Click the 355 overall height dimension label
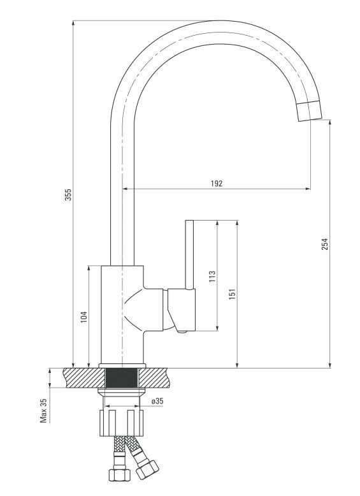(68, 194)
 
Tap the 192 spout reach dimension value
(217, 184)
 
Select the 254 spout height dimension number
(325, 244)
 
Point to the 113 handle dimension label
(212, 276)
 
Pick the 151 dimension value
(233, 294)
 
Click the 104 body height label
(83, 317)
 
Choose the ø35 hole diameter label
(157, 401)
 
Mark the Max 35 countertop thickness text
(43, 411)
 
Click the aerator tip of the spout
(310, 112)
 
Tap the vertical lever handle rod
(189, 254)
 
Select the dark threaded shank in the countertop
(122, 378)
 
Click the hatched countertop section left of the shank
(84, 378)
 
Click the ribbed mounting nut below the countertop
(121, 423)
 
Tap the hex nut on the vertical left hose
(120, 474)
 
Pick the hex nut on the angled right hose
(147, 470)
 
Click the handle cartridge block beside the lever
(182, 309)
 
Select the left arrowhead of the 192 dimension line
(125, 189)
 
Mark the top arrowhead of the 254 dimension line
(330, 122)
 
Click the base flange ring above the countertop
(122, 366)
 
